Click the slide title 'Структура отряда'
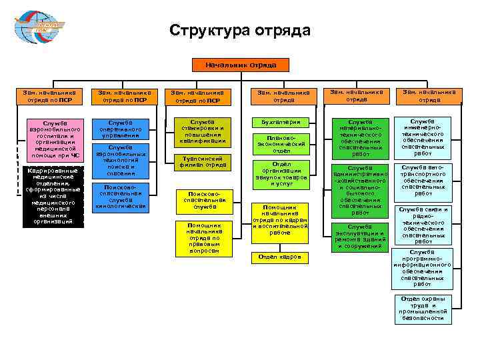coord(239,31)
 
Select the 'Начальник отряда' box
coord(239,65)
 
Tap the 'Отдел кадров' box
coord(279,257)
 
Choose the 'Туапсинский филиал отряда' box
coord(198,161)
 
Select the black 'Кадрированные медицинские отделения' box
coord(53,197)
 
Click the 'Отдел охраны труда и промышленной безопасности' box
coord(423,308)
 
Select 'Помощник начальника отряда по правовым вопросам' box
coord(198,238)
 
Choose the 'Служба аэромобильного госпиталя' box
coord(54,139)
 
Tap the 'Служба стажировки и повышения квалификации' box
coord(198,132)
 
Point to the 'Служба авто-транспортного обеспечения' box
coord(423,181)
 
